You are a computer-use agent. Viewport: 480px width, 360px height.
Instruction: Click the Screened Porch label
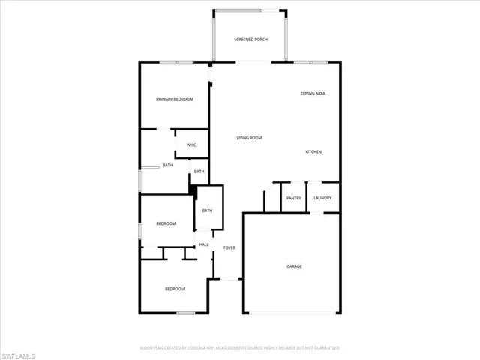point(250,39)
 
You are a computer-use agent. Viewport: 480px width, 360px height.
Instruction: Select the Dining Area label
point(313,94)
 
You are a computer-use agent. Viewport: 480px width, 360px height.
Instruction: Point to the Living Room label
point(249,138)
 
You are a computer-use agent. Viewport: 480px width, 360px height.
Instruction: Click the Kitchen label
point(313,152)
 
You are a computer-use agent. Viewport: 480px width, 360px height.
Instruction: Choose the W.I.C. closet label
point(191,145)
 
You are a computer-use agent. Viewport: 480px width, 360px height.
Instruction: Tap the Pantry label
point(294,199)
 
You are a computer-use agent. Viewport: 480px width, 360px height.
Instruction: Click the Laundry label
point(322,199)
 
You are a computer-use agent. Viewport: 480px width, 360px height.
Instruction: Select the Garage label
point(294,267)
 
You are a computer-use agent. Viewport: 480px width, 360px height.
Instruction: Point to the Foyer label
point(229,247)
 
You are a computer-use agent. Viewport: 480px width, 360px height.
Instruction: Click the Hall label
point(203,245)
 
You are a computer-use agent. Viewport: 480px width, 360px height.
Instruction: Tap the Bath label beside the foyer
point(207,211)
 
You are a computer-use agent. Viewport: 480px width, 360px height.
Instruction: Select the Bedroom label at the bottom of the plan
point(175,289)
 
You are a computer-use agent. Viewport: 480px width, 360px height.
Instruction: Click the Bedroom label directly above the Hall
point(166,224)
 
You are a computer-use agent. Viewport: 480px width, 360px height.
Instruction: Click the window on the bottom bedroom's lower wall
point(185,313)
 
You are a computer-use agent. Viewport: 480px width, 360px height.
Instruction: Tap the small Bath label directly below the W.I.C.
point(199,172)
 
